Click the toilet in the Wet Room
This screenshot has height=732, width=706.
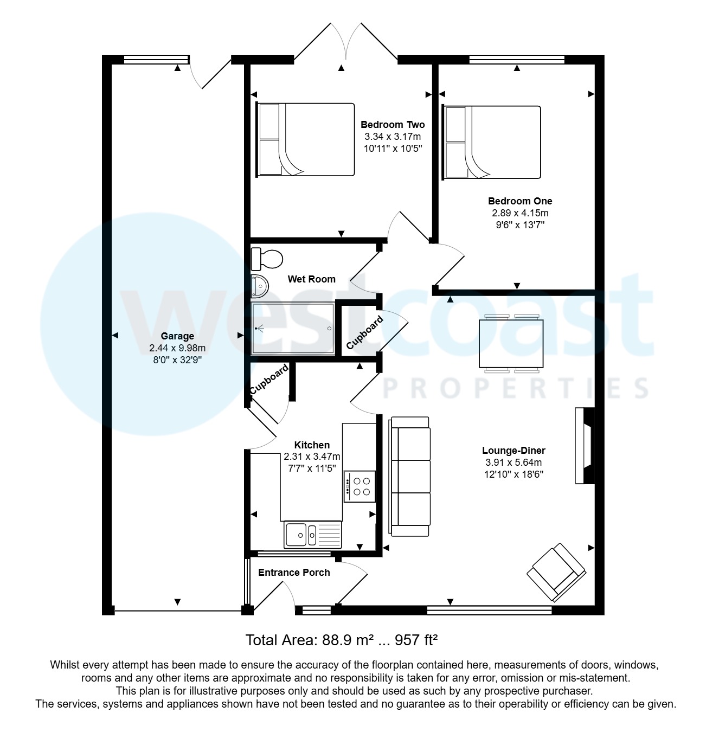tap(266, 258)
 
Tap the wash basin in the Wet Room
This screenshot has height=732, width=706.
tap(260, 285)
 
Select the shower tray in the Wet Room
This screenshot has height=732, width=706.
tap(293, 328)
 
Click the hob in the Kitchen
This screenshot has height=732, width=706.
tap(360, 486)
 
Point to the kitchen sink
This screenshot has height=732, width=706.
tap(312, 534)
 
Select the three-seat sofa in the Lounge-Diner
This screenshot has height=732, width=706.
tap(409, 477)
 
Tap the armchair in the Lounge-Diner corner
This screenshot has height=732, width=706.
tap(556, 572)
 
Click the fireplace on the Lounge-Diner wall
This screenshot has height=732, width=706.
tap(585, 445)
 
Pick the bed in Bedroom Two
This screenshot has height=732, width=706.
tap(305, 140)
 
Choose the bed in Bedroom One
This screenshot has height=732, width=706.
tap(492, 142)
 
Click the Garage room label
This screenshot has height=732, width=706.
tap(177, 336)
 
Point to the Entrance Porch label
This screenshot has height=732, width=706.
tap(294, 573)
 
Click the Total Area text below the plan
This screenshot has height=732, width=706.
tap(342, 640)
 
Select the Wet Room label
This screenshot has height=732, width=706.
tap(311, 279)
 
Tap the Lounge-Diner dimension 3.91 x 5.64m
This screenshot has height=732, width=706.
tap(514, 463)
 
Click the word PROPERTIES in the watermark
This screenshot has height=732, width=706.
tap(515, 389)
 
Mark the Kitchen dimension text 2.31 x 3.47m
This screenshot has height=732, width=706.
tap(312, 457)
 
